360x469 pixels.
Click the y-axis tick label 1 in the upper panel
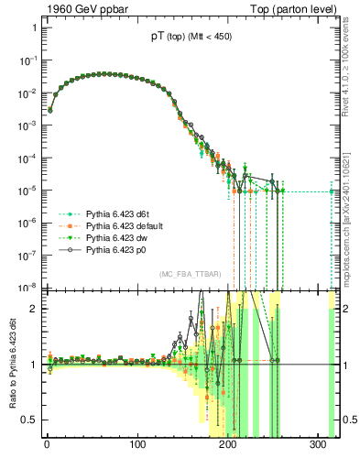coord(33,27)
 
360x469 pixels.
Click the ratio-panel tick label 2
coord(33,309)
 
